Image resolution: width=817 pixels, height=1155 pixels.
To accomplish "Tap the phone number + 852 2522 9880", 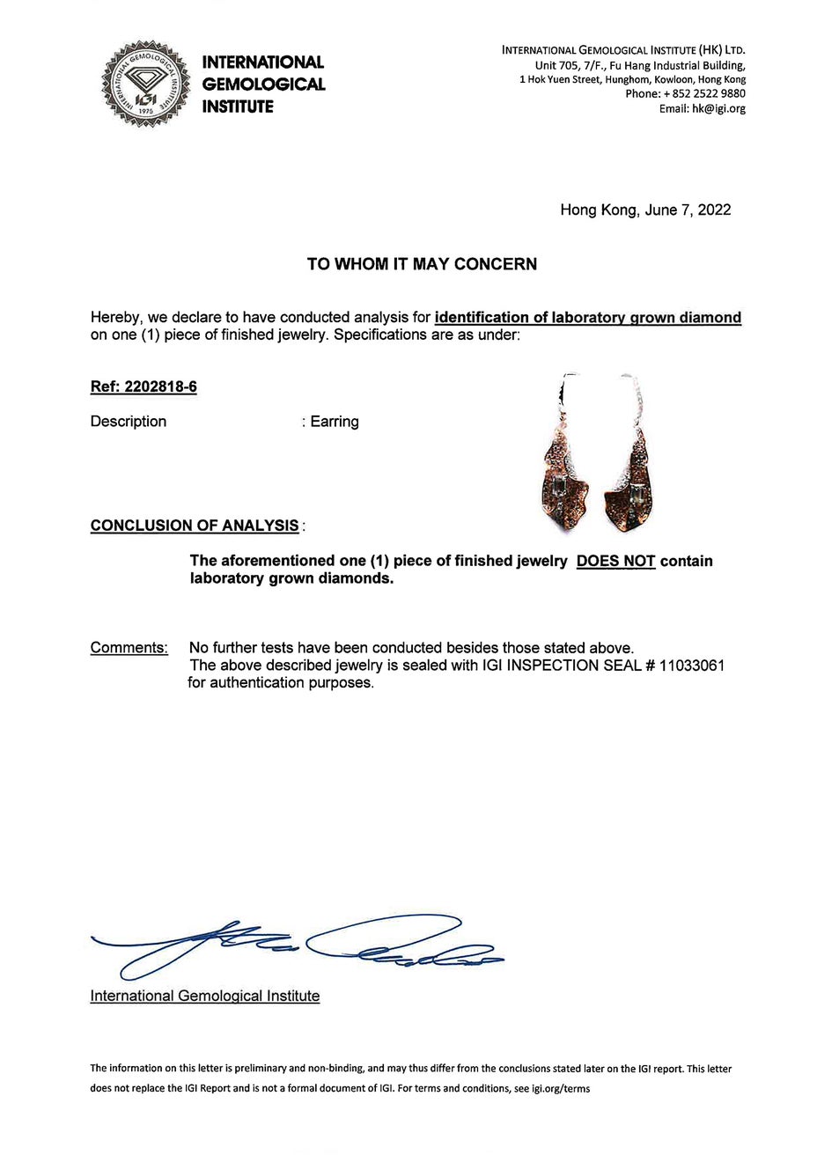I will pos(701,94).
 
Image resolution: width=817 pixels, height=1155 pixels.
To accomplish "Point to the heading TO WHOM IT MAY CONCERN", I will pos(422,264).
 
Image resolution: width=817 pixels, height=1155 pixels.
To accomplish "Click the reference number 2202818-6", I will pos(161,386).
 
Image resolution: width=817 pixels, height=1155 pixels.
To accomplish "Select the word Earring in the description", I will pos(335,422).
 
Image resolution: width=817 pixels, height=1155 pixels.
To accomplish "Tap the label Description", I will pos(129,422).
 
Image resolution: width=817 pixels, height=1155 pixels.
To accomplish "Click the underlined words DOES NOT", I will pos(615,561).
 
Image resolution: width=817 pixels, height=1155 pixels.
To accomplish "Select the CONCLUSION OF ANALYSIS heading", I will pos(195,526).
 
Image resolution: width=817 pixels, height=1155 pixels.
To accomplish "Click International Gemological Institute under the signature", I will pos(205,997).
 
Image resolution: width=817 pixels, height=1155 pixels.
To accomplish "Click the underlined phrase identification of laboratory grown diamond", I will pos(588,318).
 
